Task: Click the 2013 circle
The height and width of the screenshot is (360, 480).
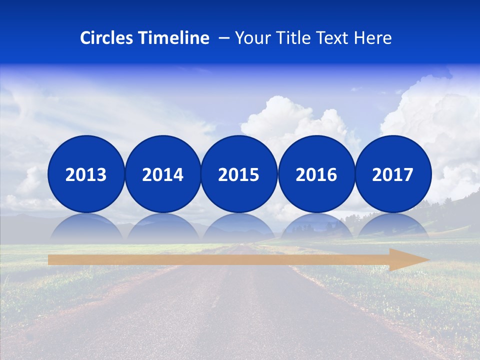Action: (x=86, y=174)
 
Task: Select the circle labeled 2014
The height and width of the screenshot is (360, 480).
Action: (x=162, y=174)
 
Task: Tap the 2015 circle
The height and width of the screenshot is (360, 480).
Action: (x=239, y=174)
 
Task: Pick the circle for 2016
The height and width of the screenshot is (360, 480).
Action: (x=316, y=174)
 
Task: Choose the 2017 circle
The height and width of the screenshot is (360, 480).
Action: (x=393, y=174)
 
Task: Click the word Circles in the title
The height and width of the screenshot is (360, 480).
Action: (x=107, y=38)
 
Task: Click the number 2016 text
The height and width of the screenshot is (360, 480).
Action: (x=316, y=174)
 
